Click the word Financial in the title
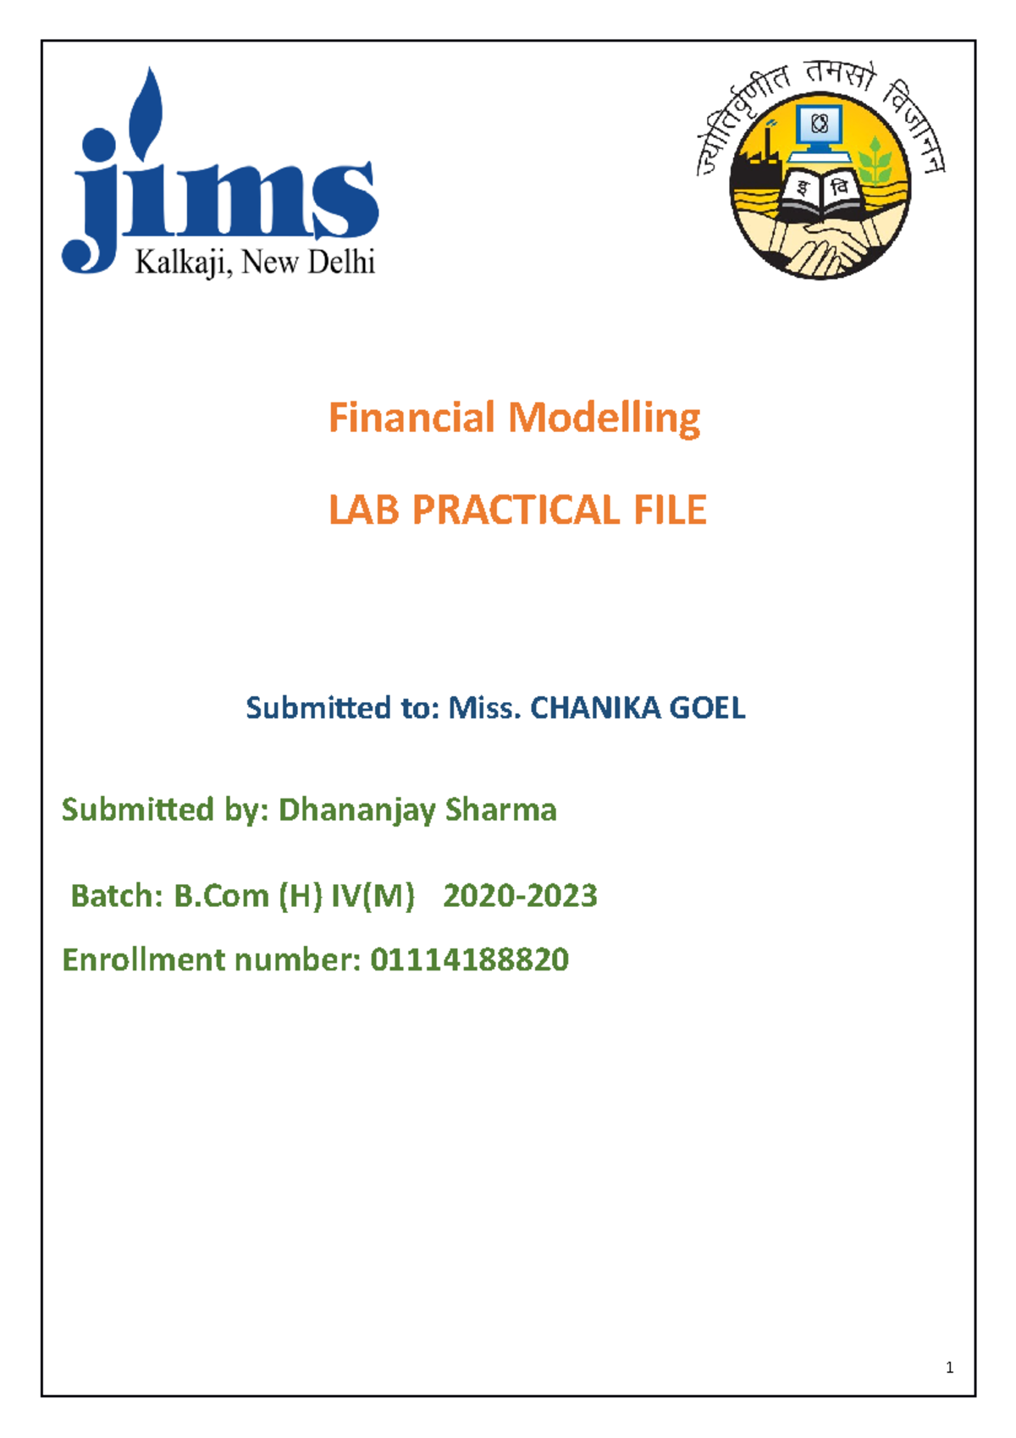click(x=411, y=418)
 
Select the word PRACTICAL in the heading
click(x=515, y=510)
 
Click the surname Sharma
click(x=501, y=810)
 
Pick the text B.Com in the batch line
click(x=221, y=896)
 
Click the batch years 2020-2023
click(x=520, y=896)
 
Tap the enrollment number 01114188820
click(x=469, y=960)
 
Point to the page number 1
click(x=949, y=1367)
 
